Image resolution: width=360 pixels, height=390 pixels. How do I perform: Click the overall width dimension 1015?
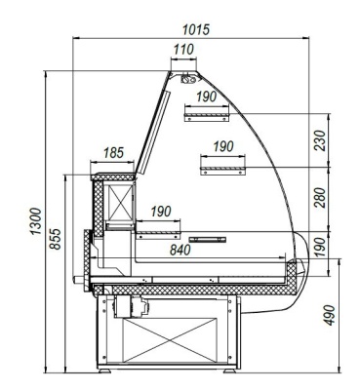click(x=196, y=29)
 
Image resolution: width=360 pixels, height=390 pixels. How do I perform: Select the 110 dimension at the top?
click(x=183, y=50)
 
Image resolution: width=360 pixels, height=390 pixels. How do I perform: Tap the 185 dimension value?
click(x=113, y=153)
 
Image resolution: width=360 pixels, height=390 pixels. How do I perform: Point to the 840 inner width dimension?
click(x=180, y=250)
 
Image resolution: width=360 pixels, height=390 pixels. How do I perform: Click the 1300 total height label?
click(x=36, y=221)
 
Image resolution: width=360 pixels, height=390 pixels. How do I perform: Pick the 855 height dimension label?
click(x=56, y=239)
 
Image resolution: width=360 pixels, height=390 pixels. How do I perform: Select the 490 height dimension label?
click(x=330, y=315)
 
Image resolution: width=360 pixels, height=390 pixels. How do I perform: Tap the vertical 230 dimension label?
click(x=320, y=140)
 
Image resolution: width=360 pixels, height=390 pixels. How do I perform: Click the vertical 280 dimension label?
click(x=320, y=198)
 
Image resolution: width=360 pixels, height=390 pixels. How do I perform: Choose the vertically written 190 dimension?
click(x=320, y=247)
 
